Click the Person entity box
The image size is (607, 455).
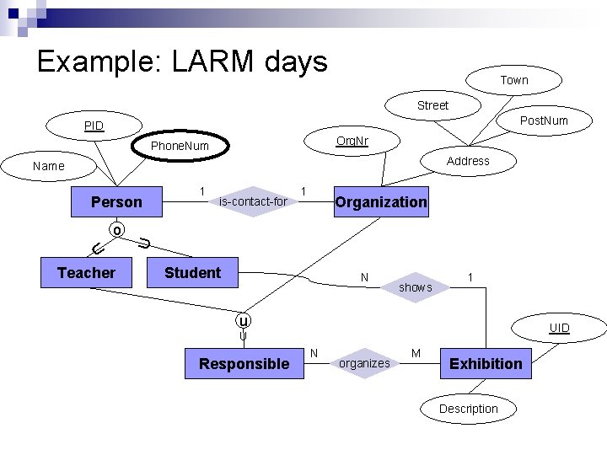[x=117, y=202]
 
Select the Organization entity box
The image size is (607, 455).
[x=381, y=202]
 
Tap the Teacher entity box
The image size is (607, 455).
[x=86, y=273]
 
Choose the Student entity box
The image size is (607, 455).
[x=193, y=273]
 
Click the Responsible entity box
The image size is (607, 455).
[x=243, y=364]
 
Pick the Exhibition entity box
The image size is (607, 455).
[x=486, y=364]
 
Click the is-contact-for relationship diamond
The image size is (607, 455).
[x=253, y=201]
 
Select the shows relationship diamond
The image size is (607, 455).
[x=415, y=287]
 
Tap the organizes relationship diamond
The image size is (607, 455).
[x=364, y=363]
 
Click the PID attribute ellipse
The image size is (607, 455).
[x=94, y=126]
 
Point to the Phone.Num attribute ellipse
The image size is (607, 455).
[x=179, y=147]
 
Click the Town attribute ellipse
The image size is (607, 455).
[x=513, y=80]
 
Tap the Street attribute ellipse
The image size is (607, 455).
[x=432, y=105]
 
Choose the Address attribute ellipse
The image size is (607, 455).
[x=468, y=161]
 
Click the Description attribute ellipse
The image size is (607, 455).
[x=469, y=409]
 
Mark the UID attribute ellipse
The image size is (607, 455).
[x=560, y=328]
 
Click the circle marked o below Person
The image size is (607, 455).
[x=117, y=230]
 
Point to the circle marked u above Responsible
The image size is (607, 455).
[x=243, y=321]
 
